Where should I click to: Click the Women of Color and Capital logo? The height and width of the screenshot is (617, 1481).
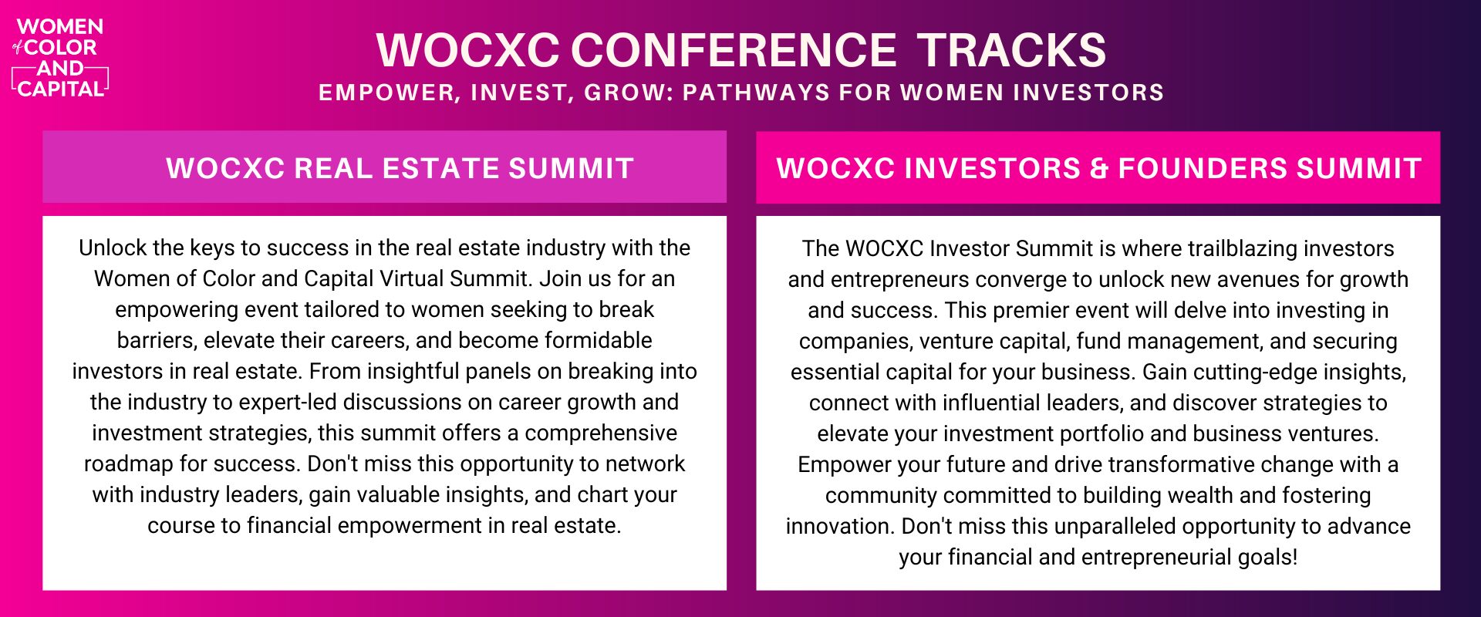click(60, 58)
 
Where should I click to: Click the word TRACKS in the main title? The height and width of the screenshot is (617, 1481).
click(1011, 50)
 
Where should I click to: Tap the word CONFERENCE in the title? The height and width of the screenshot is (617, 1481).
click(734, 50)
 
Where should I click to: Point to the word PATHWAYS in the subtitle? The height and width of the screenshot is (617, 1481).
click(757, 93)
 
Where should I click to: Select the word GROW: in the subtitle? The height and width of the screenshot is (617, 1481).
click(629, 93)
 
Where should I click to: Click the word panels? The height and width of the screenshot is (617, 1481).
click(499, 371)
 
